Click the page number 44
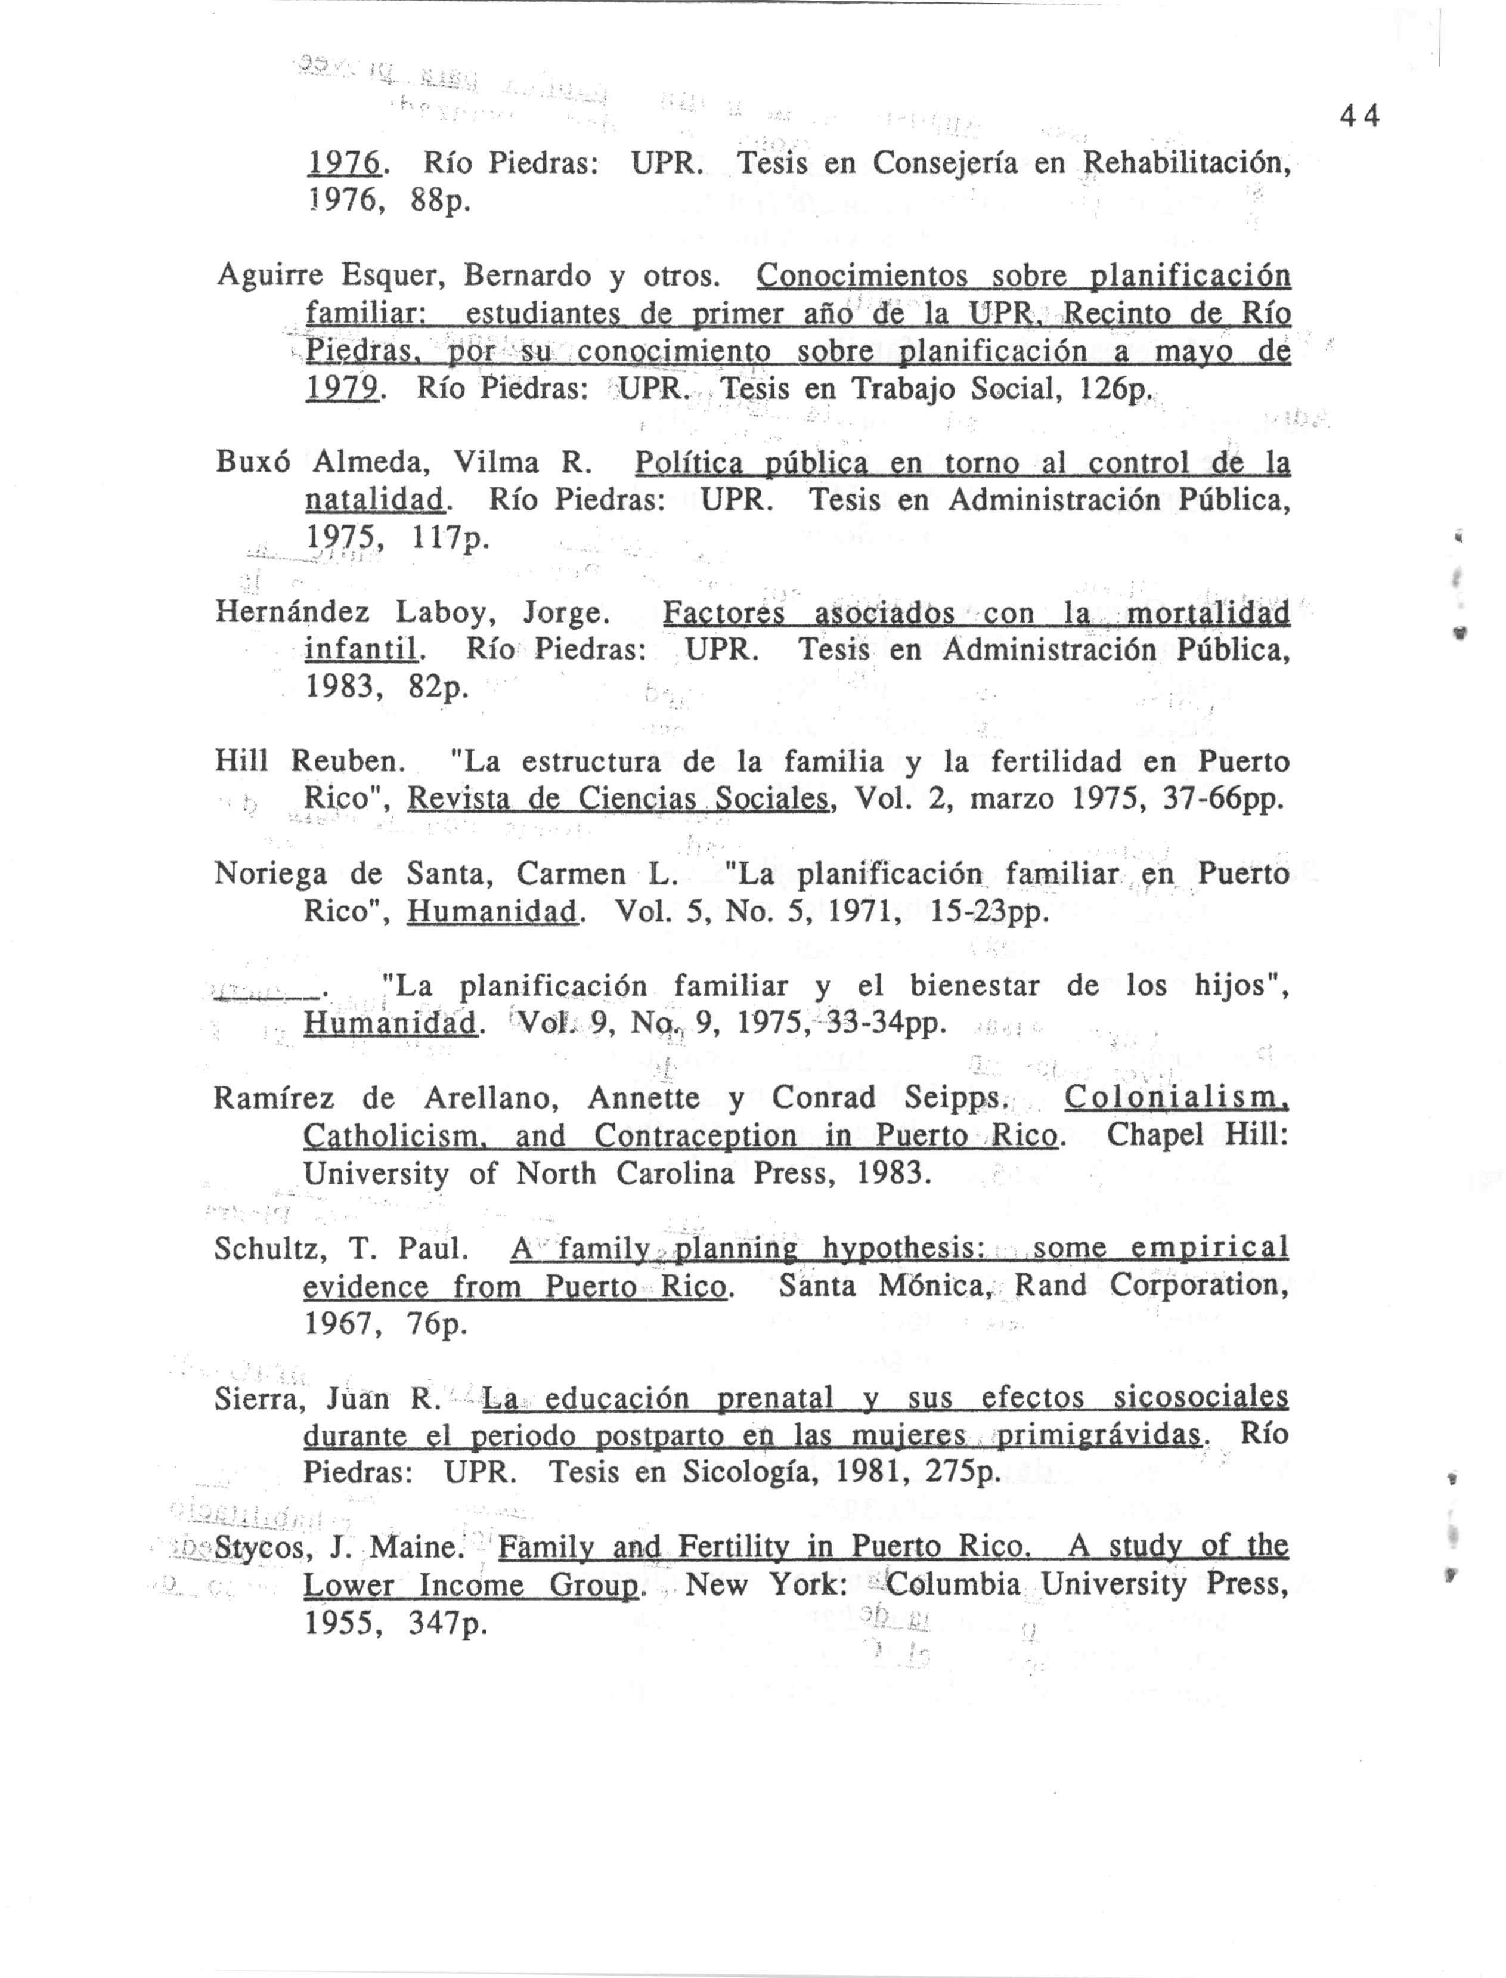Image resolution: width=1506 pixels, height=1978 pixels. point(1359,116)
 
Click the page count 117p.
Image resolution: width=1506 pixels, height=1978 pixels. point(450,538)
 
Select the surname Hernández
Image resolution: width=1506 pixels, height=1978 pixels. point(292,613)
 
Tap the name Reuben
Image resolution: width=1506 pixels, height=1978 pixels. point(347,762)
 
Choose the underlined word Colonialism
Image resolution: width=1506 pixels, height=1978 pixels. point(1176,1097)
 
